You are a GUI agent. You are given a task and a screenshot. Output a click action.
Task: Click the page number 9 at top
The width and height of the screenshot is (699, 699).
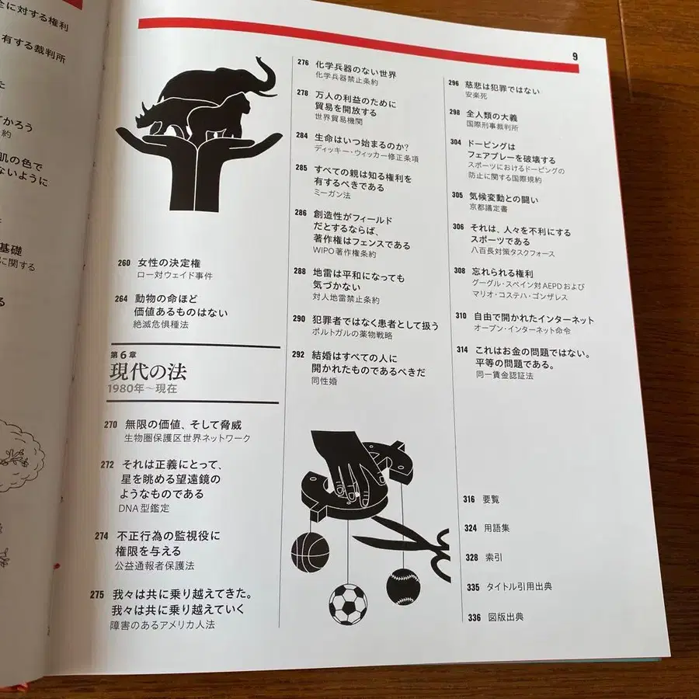pos(575,56)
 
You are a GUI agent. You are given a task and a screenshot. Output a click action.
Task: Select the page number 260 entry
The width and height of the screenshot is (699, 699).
pos(123,263)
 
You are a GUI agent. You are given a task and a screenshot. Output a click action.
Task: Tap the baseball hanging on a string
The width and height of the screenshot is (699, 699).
pos(402,586)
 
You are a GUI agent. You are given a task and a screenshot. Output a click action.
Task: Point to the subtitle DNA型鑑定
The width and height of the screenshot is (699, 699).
pos(144,507)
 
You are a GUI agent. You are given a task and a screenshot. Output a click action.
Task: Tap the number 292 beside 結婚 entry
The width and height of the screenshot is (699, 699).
pos(298,354)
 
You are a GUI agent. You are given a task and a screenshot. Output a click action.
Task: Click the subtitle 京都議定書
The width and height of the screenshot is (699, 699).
pos(492,210)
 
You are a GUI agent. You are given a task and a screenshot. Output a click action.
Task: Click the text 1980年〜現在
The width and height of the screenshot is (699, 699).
pos(143,388)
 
